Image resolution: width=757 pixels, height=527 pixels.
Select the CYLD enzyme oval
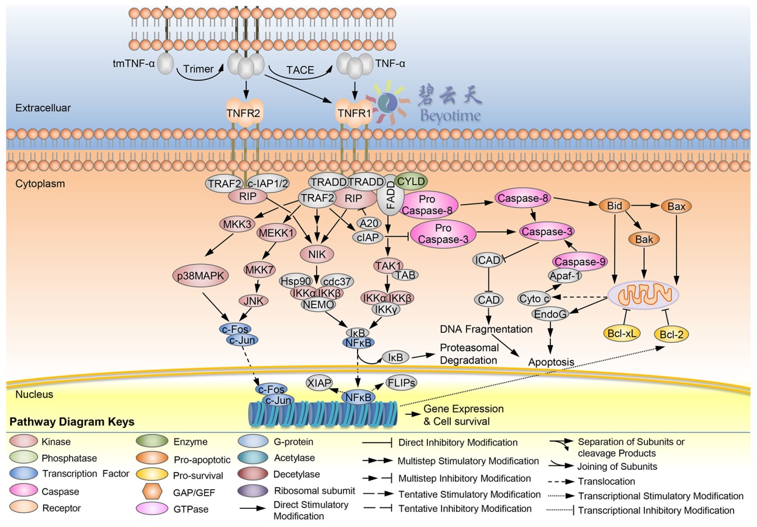coord(411,181)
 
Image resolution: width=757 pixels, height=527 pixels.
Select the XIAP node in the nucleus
coord(320,382)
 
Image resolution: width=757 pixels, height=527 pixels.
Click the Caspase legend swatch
coord(23,492)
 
